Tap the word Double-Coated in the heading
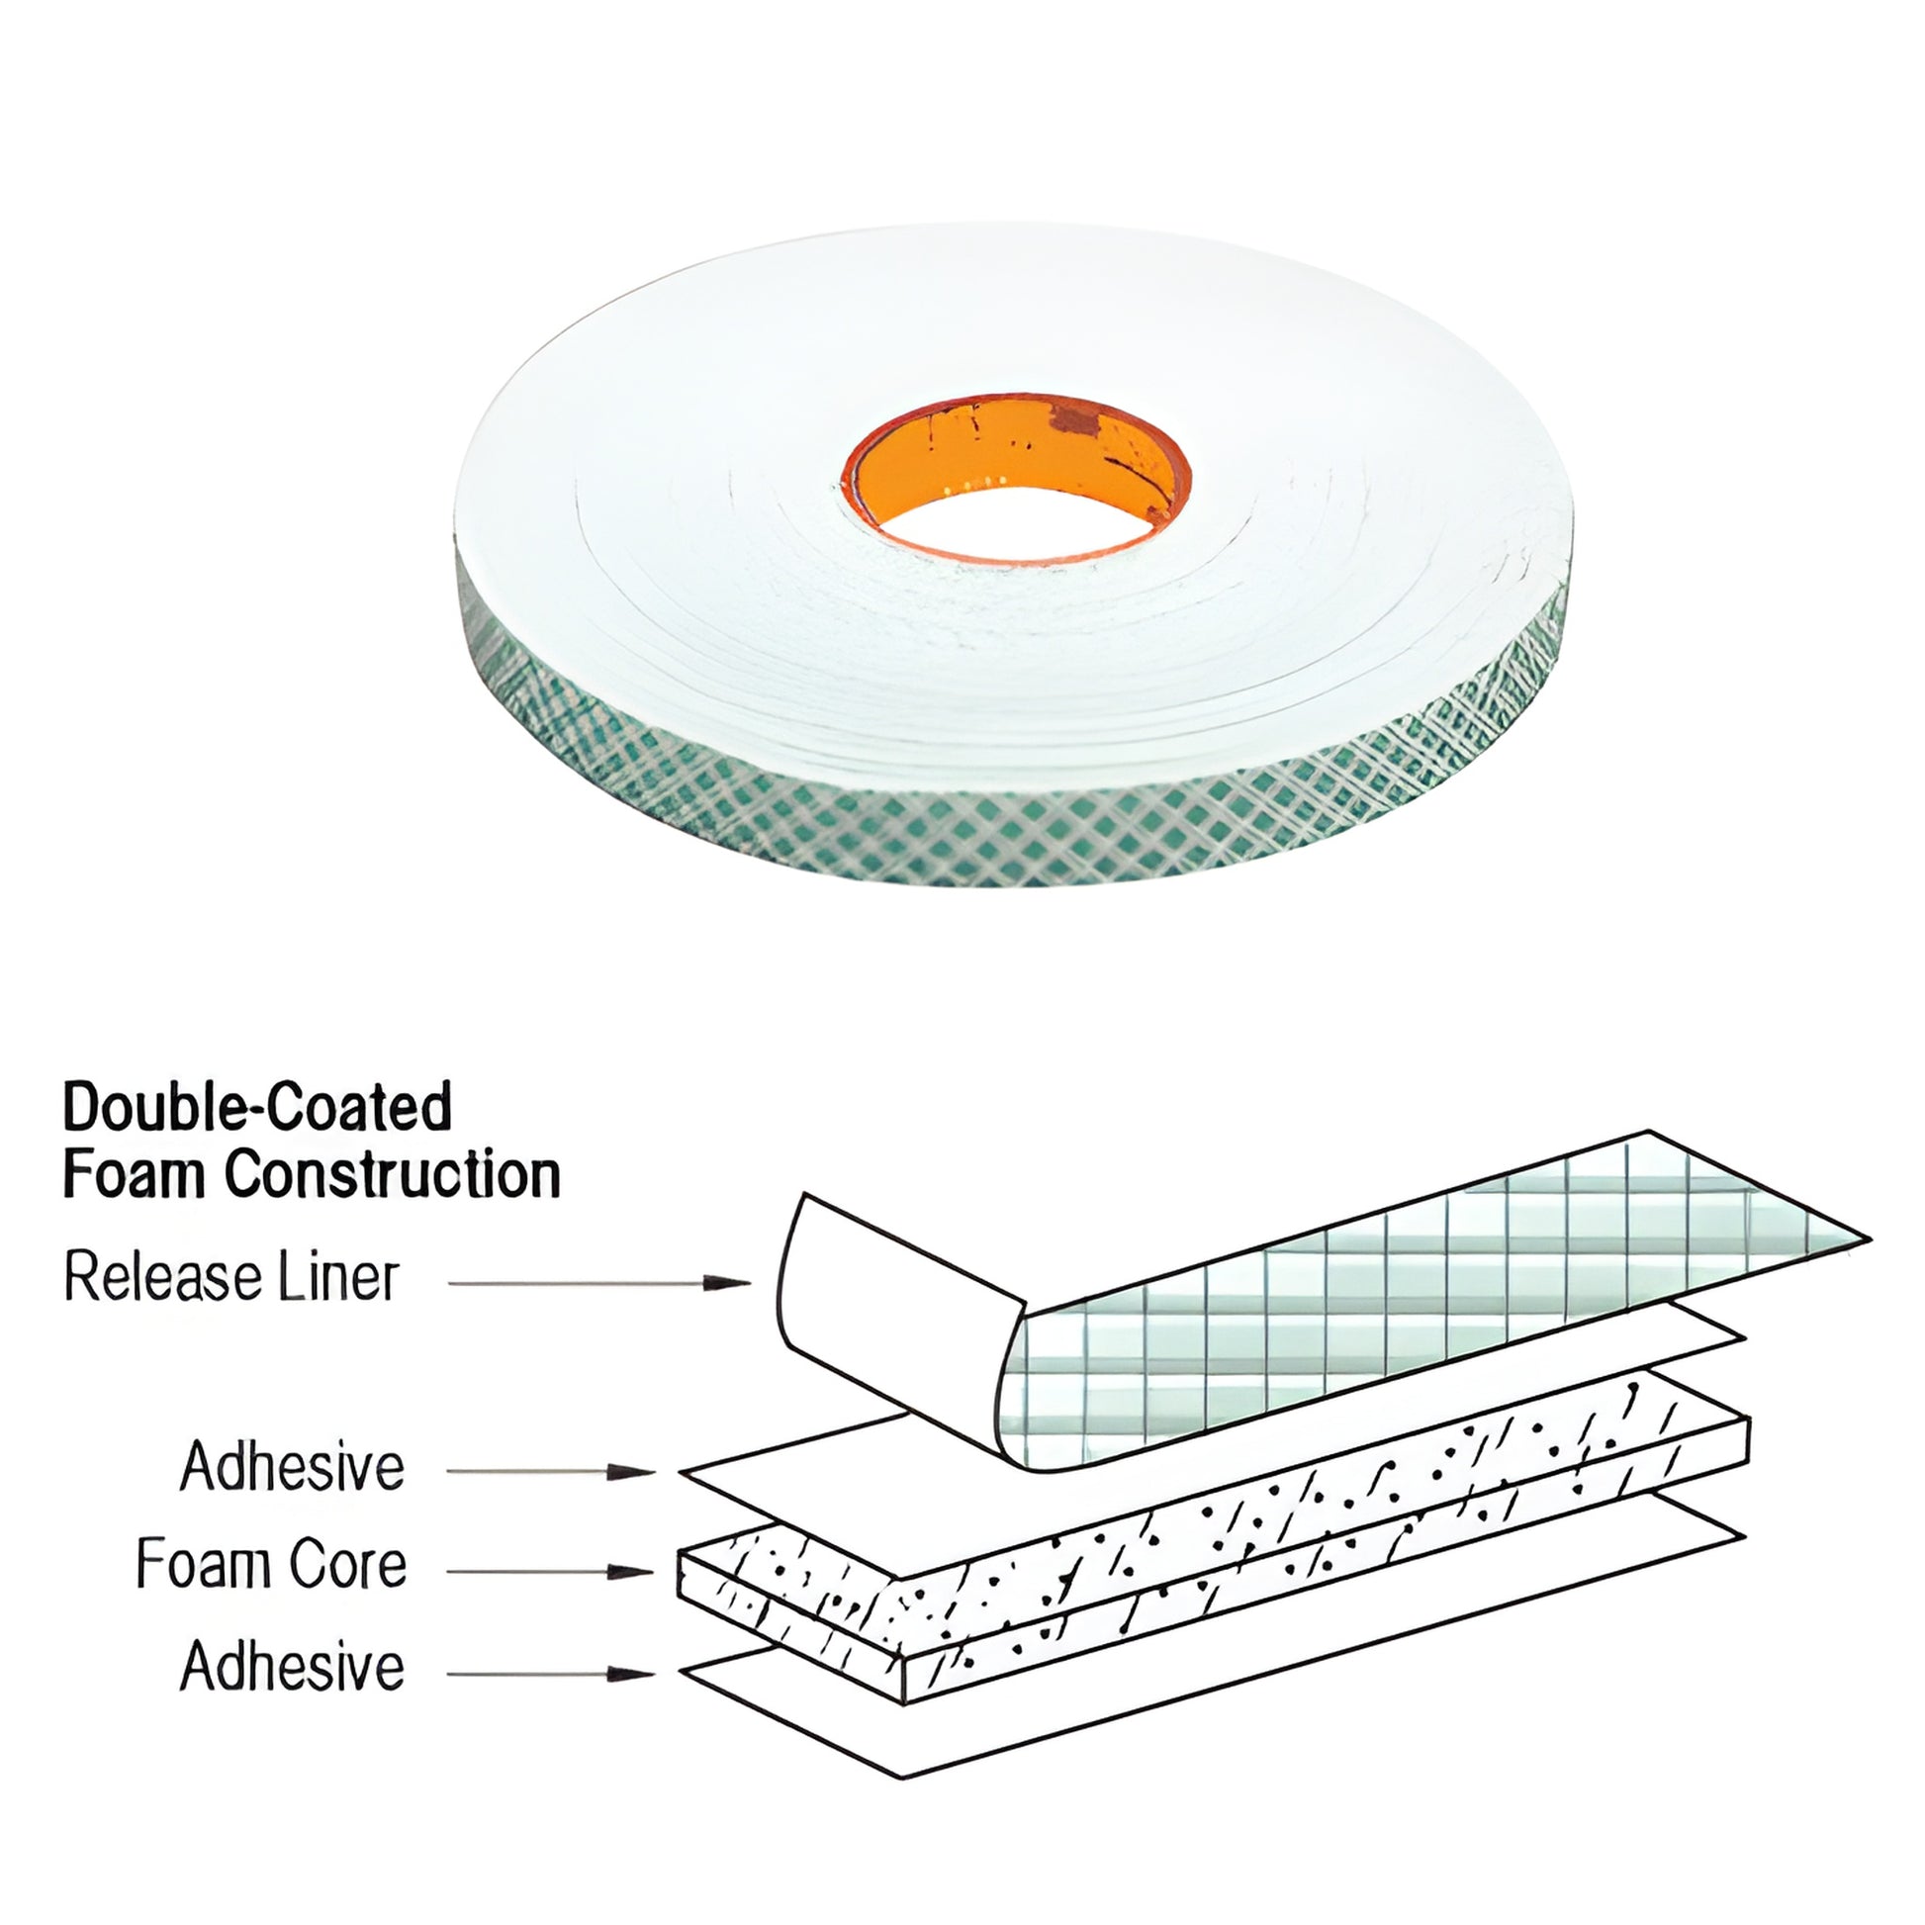tap(257, 1107)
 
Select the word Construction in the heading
tap(392, 1175)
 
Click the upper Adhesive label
tap(292, 1467)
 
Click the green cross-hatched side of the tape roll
tap(996, 837)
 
